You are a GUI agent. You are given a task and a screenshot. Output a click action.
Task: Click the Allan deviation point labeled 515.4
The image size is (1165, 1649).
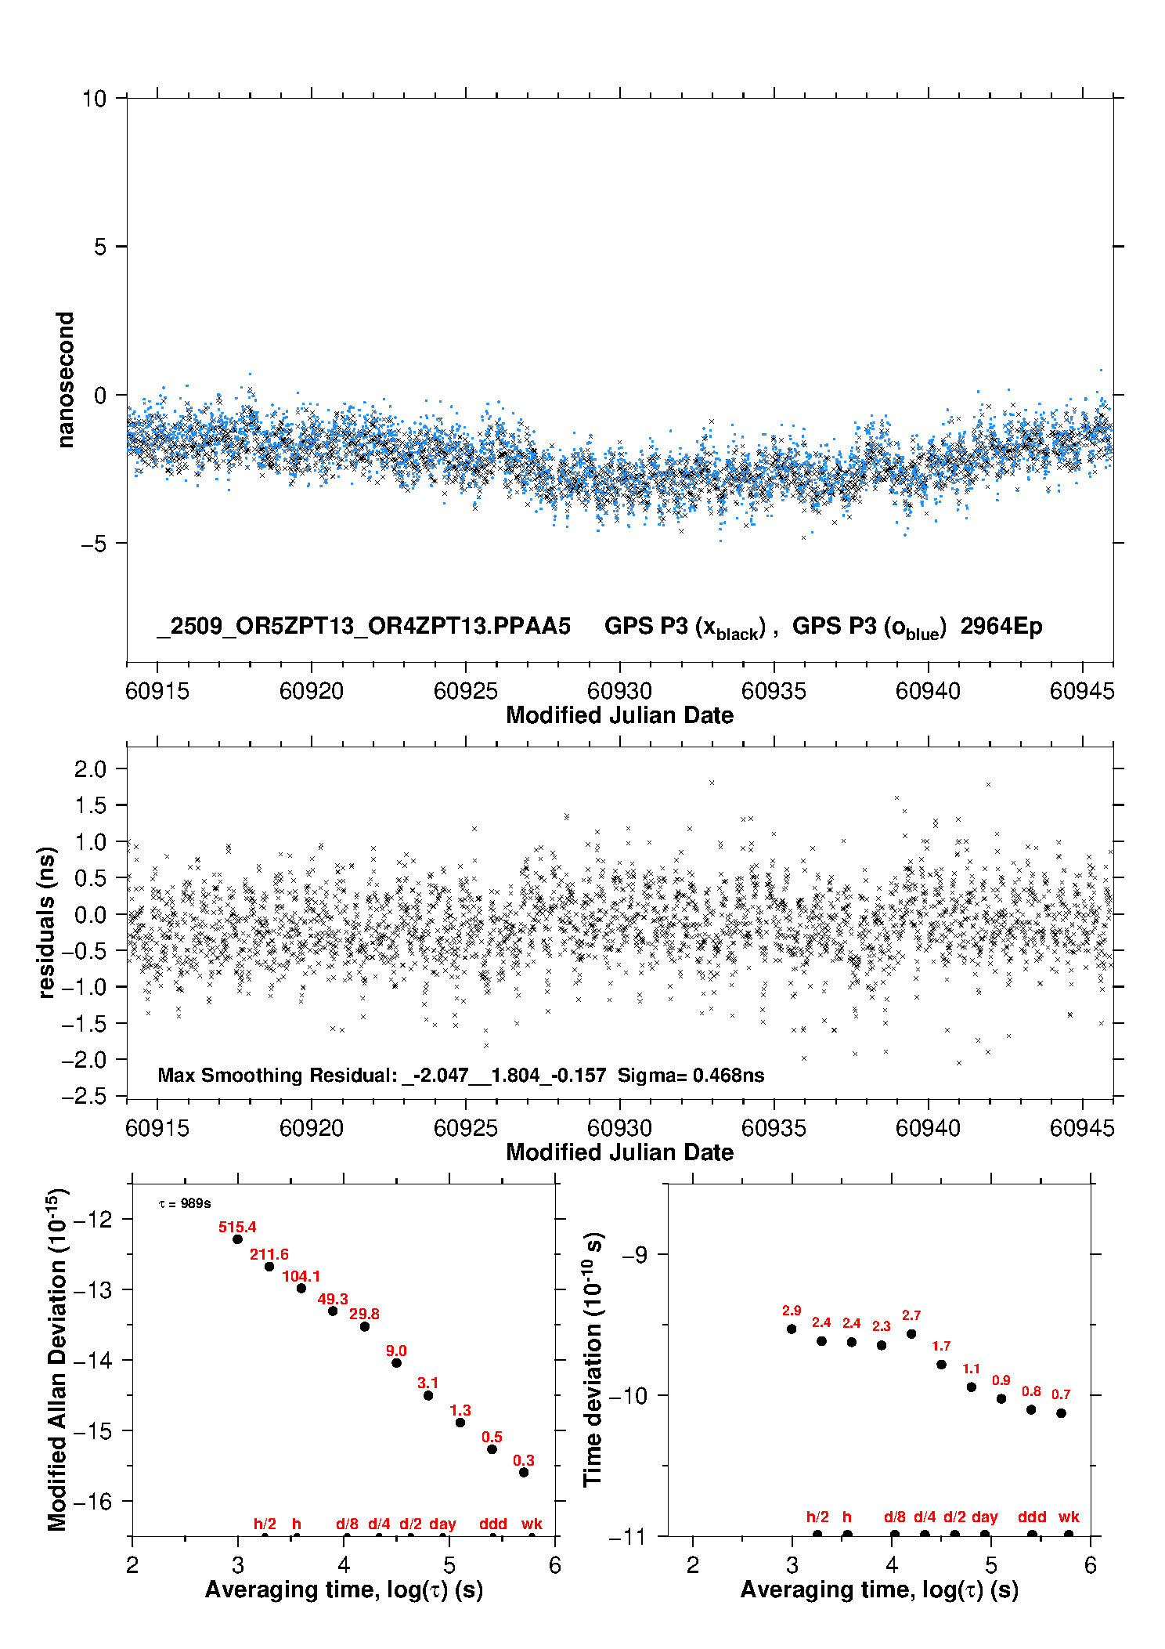tap(237, 1239)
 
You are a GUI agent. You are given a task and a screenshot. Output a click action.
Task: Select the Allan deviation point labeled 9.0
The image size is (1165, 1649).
tap(396, 1362)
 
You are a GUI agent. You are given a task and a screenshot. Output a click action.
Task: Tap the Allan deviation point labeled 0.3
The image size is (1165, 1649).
tap(524, 1472)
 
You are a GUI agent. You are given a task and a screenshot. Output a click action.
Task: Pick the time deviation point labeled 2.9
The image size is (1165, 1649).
tap(792, 1329)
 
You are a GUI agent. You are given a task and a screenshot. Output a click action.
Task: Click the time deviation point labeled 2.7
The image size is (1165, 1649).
tap(911, 1333)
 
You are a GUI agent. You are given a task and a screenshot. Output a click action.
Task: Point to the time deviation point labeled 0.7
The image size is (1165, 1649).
tap(1061, 1413)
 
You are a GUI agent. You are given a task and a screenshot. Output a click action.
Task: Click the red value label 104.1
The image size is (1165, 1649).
tap(301, 1276)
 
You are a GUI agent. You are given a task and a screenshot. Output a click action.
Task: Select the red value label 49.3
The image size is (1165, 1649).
tap(333, 1299)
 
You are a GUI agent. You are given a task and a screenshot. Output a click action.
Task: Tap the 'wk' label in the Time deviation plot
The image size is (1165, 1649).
tap(1069, 1517)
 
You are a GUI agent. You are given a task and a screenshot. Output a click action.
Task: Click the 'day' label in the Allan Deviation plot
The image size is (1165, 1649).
tap(442, 1524)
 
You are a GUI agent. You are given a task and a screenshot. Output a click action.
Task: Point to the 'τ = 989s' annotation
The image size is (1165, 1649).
tap(185, 1203)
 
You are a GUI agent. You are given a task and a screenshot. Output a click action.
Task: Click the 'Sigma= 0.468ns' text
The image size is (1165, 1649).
tap(691, 1075)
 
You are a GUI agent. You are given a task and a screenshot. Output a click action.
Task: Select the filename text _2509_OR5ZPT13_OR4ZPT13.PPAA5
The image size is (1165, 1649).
tap(364, 626)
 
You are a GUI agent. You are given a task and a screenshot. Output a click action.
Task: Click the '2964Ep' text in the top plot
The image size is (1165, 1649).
tap(1001, 626)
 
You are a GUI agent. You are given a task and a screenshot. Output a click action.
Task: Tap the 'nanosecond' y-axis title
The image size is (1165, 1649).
tap(65, 380)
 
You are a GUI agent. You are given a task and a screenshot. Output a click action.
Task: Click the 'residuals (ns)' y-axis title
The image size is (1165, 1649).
tap(47, 922)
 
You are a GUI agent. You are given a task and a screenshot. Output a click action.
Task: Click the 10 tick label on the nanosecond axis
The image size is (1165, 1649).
tap(94, 99)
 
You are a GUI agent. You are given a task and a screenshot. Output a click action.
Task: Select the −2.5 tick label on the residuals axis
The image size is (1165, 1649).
tap(85, 1095)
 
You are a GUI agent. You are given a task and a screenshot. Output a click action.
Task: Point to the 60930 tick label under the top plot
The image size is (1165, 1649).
tap(619, 691)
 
